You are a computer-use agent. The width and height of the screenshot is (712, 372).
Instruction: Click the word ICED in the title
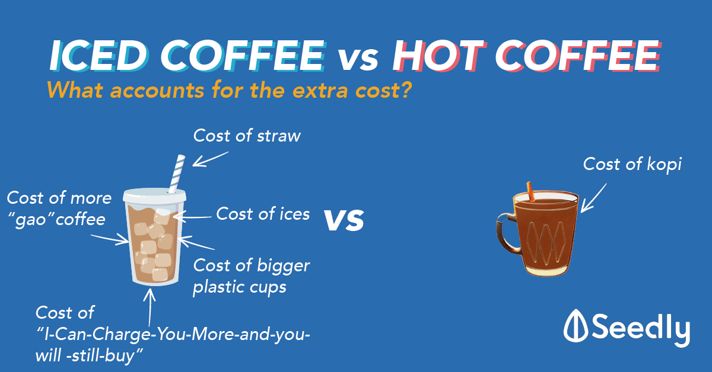click(x=99, y=56)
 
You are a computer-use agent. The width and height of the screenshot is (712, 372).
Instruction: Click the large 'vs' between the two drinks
click(x=344, y=220)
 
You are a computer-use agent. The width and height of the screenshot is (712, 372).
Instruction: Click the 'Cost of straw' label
click(x=247, y=136)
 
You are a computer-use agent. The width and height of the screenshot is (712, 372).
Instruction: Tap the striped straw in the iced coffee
click(x=177, y=174)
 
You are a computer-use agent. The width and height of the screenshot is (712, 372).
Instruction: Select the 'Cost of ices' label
click(x=263, y=214)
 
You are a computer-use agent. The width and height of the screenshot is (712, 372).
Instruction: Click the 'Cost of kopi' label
click(x=632, y=165)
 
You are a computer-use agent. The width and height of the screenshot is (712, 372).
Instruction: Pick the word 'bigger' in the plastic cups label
click(x=283, y=266)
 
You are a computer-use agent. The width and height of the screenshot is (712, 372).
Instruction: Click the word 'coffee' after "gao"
click(x=81, y=219)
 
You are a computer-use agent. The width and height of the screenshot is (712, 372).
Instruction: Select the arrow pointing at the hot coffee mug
click(x=593, y=198)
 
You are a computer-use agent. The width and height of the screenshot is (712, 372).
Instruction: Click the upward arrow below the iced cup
click(x=150, y=307)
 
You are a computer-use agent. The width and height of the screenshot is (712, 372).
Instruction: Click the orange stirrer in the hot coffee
click(x=530, y=192)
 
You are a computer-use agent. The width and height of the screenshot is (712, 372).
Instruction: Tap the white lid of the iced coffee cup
click(x=154, y=196)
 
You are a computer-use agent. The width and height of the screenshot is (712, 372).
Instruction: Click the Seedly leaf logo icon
click(x=576, y=325)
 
